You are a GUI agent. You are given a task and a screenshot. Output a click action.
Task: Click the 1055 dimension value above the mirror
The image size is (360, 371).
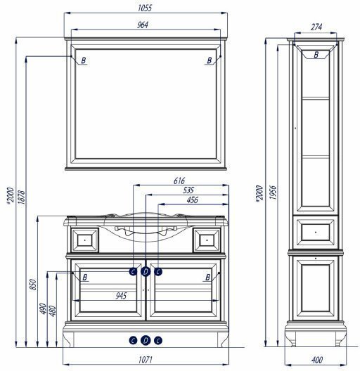[x=145, y=8]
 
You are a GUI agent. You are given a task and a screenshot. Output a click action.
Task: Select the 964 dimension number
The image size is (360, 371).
[x=143, y=25]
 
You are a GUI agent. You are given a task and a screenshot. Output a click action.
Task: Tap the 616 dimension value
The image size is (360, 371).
[x=179, y=181]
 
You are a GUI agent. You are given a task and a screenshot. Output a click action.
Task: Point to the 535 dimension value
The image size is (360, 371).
[x=188, y=190]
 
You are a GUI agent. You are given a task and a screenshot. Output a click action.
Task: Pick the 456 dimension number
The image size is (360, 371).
[x=192, y=200]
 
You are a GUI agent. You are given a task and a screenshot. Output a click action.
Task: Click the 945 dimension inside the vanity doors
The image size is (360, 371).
[x=121, y=296]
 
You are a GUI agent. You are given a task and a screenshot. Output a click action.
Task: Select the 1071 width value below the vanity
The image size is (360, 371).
[x=145, y=360]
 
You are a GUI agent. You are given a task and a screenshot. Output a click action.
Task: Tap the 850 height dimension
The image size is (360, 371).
[x=33, y=285]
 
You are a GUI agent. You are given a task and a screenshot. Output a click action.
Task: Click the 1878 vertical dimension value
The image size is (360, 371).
[x=21, y=197]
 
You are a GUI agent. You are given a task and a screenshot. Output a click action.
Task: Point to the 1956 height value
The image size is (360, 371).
[x=273, y=193]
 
